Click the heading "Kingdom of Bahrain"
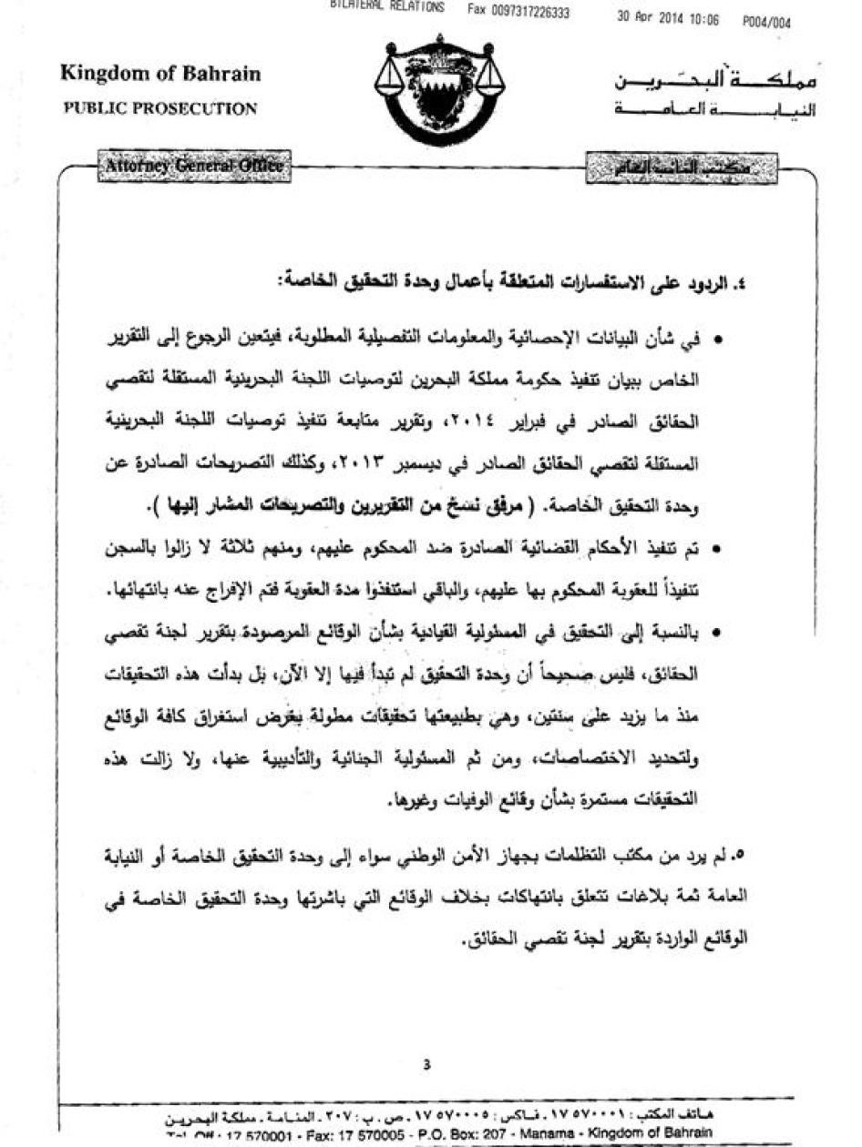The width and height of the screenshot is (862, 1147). pos(160,74)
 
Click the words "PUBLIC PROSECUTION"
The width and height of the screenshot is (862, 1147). pos(160,108)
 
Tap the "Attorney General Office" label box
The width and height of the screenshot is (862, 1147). pos(192,167)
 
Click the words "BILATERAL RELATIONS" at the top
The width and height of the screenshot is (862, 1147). pos(387,6)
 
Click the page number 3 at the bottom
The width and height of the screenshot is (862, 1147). pos(426,1065)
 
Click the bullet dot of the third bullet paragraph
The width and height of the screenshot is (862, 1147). pos(718,634)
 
